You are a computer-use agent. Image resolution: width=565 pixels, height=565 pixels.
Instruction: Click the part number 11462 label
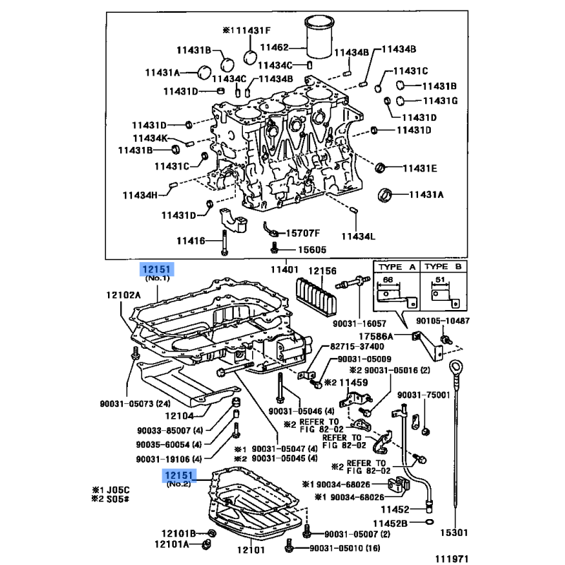pos(275,47)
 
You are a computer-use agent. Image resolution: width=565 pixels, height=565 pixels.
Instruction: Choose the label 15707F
pos(303,232)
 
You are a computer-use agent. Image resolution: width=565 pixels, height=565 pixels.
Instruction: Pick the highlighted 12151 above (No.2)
pos(178,475)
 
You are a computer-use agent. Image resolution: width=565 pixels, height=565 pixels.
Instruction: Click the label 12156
pos(322,270)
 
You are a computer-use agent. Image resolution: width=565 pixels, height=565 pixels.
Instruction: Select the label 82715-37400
pos(357,347)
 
